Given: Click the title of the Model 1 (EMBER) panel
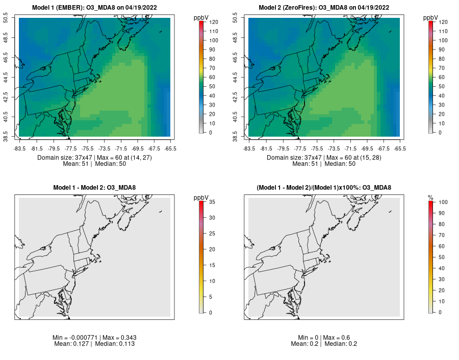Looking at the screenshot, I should coord(94,8).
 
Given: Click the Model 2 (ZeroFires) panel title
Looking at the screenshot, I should coord(324,8).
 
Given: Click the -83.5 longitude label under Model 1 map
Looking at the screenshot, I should coord(19,148).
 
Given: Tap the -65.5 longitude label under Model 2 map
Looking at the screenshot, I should coord(400,148).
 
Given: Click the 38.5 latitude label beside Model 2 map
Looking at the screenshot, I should coord(235,137).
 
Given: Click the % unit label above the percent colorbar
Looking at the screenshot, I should coord(431,197).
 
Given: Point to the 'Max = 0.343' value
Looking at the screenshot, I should coord(117,338).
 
